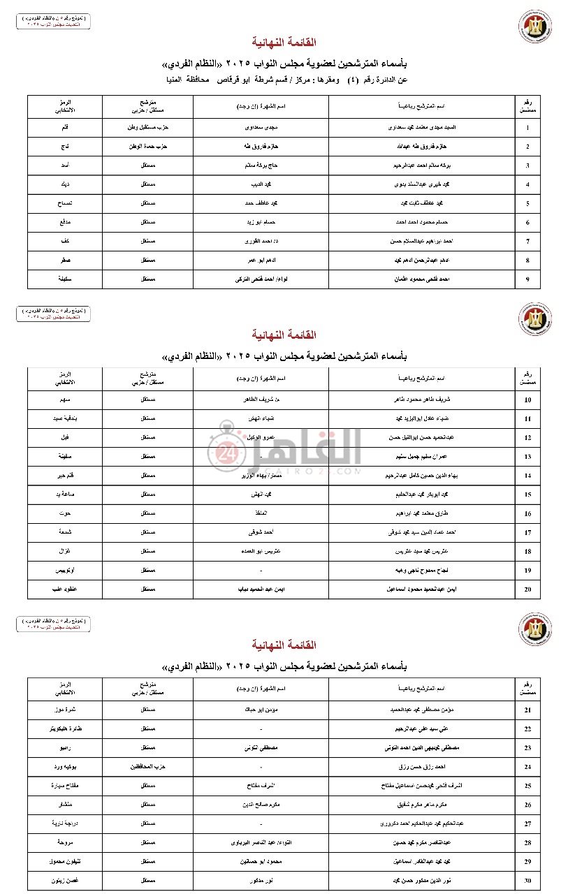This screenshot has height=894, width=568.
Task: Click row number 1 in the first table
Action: [x=527, y=129]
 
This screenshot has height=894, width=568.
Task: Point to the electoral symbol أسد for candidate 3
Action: [x=64, y=166]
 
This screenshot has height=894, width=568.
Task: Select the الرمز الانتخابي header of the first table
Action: [x=64, y=106]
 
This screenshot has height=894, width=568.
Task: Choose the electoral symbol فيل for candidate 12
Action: [x=64, y=437]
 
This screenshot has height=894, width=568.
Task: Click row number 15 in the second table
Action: [x=527, y=494]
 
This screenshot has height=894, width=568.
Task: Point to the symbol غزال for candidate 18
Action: [x=64, y=551]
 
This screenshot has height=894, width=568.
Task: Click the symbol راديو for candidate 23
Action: [x=64, y=748]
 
